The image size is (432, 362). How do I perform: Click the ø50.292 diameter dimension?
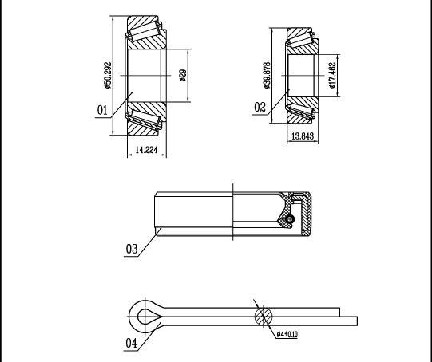coord(108,76)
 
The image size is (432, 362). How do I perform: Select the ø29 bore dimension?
coord(183,76)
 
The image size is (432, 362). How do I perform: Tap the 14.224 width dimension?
coord(147,150)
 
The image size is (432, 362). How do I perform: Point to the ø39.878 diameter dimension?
coord(267,76)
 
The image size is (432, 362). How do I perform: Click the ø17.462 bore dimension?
coord(333,76)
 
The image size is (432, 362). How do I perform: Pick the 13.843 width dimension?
coord(303,136)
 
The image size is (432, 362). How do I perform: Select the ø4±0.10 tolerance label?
coord(287,335)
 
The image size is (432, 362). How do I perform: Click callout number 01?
coord(102,110)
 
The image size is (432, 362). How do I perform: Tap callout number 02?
coord(260,107)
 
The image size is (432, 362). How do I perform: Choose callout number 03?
coord(132,249)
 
